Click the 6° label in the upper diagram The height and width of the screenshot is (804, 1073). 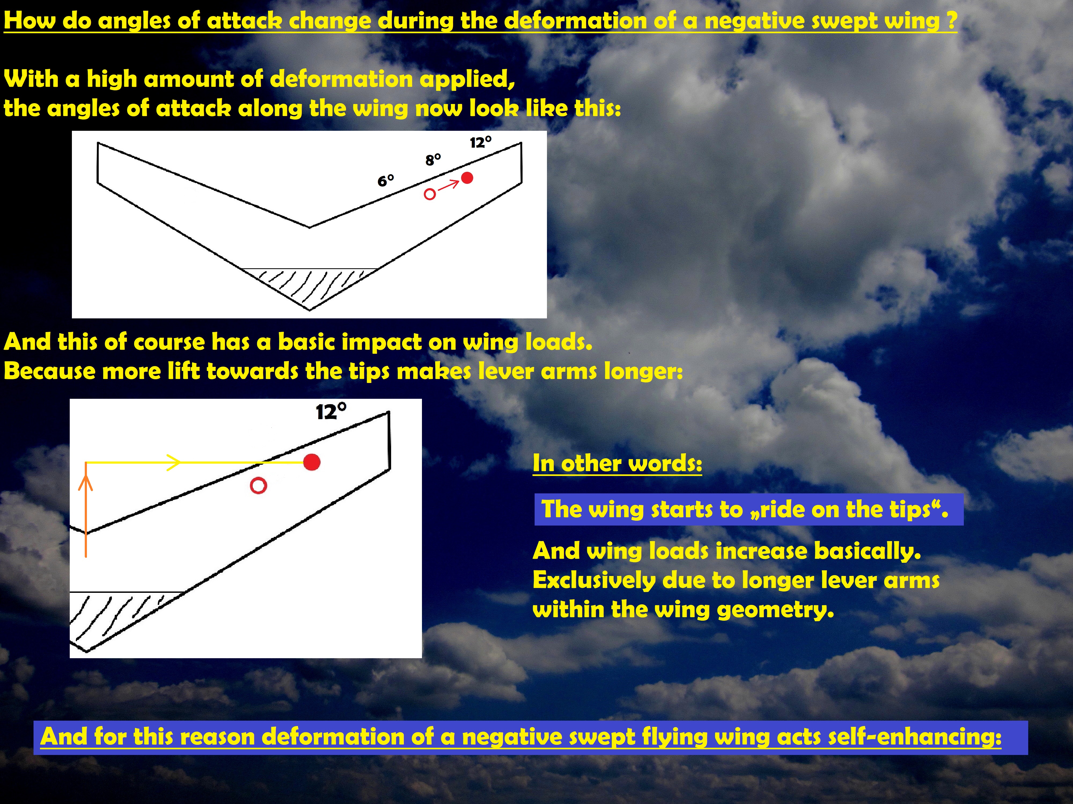click(x=386, y=181)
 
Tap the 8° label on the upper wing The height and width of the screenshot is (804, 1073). click(x=433, y=159)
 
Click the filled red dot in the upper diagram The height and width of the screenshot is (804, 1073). click(x=467, y=178)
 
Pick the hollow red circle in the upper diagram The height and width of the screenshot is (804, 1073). click(x=430, y=194)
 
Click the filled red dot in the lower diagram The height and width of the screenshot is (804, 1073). click(x=312, y=462)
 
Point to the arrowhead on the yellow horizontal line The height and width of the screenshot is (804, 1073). click(x=174, y=462)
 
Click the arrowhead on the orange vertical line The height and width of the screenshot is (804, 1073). click(x=86, y=483)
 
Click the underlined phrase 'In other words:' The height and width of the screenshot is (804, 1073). click(x=617, y=463)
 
